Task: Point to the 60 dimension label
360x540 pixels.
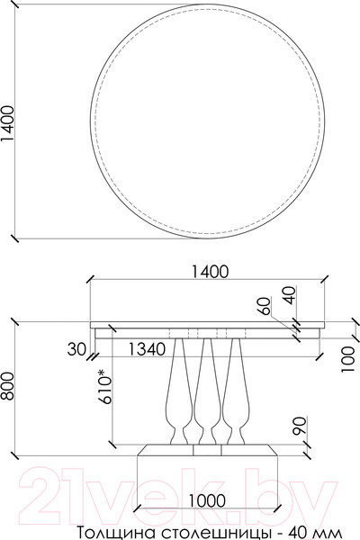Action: [265, 306]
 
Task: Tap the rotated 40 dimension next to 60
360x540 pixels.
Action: [288, 294]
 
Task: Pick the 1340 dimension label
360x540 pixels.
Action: [148, 348]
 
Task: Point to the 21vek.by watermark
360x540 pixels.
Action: [180, 492]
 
